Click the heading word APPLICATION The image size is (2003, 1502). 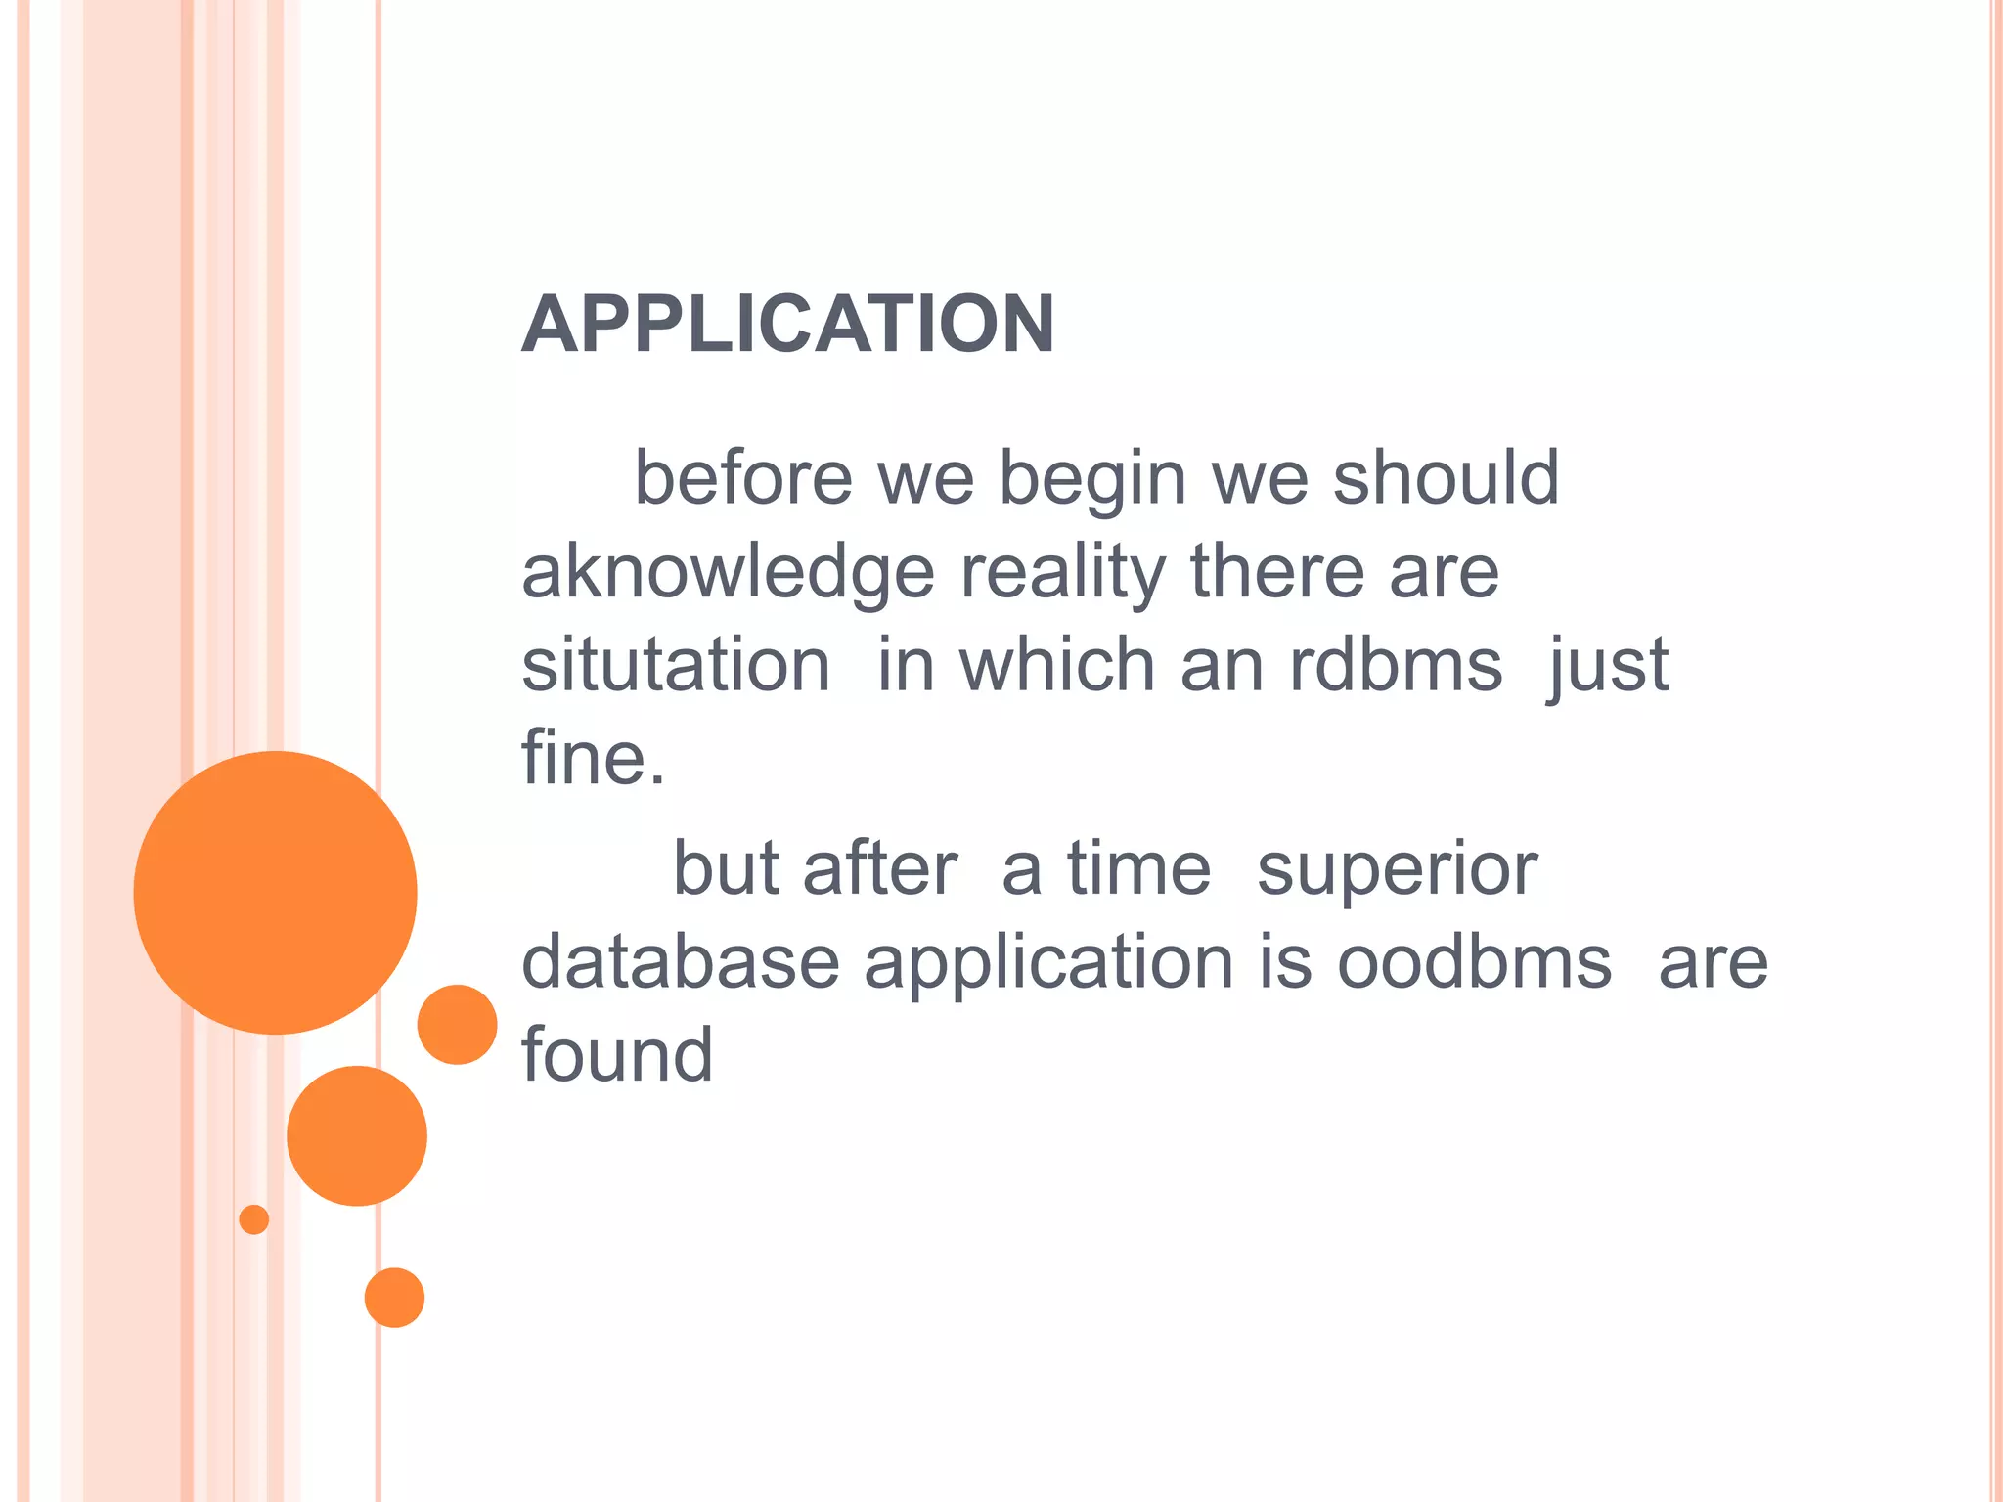tap(788, 325)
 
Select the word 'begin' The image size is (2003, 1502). tap(1091, 478)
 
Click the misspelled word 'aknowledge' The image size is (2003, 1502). tap(728, 572)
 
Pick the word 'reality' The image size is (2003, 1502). tap(1062, 572)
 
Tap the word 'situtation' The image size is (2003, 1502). tap(676, 665)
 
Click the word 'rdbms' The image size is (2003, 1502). tap(1396, 665)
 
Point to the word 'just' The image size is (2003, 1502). tap(1608, 665)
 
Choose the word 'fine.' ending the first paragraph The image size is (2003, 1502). tap(593, 758)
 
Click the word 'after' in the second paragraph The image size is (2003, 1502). tap(879, 869)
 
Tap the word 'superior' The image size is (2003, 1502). tap(1397, 869)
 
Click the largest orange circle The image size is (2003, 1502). tap(276, 892)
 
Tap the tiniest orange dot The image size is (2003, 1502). tap(254, 1219)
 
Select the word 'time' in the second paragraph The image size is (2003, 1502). tap(1138, 869)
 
